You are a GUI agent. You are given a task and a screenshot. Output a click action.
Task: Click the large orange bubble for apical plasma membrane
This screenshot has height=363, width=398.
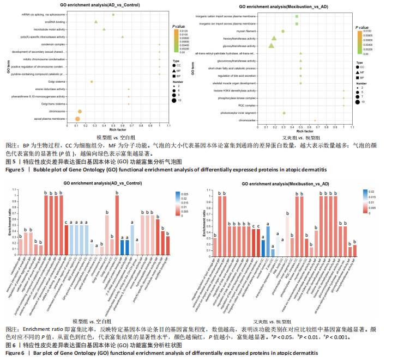coord(77,119)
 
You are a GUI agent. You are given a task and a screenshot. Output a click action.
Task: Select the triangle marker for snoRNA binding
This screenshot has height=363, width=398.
coord(96,22)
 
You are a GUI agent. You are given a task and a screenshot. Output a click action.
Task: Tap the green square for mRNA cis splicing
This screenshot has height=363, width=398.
coord(113,14)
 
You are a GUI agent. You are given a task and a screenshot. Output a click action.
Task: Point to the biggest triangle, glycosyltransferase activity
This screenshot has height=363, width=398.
coord(272,46)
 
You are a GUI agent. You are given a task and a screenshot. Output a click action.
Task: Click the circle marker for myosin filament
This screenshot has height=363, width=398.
coord(283,31)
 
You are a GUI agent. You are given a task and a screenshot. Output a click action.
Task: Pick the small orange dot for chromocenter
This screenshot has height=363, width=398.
coord(315,120)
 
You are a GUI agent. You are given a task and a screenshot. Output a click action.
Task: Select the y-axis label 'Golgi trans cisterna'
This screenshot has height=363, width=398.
coord(55,103)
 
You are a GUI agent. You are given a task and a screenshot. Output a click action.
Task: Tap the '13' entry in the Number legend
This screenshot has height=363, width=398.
coord(178,101)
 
